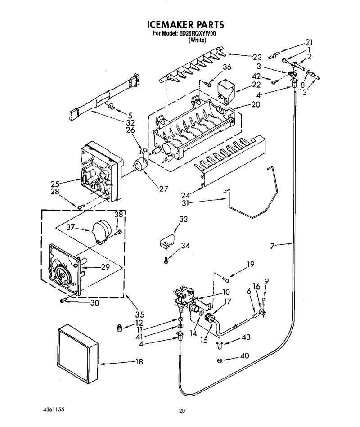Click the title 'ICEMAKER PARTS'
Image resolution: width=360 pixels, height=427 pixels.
click(x=185, y=24)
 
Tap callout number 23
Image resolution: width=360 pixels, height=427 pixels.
click(x=257, y=57)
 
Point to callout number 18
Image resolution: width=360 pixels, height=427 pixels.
click(x=139, y=362)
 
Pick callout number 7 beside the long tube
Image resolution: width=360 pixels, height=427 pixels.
click(x=272, y=246)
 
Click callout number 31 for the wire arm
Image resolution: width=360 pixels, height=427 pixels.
click(x=185, y=202)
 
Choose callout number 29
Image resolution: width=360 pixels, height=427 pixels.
click(x=105, y=267)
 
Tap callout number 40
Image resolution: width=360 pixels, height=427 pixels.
click(x=245, y=355)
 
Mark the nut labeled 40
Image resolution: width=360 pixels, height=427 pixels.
click(x=220, y=360)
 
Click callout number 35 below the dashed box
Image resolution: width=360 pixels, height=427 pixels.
click(x=140, y=315)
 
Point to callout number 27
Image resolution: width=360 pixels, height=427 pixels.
click(x=164, y=189)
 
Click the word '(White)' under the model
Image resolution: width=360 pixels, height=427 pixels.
click(x=198, y=40)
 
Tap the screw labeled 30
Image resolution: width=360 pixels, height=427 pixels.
click(x=63, y=301)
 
